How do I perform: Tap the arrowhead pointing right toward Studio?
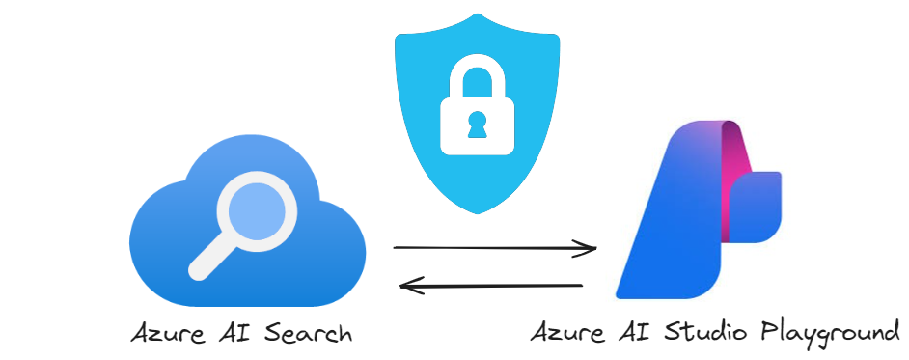click(x=589, y=249)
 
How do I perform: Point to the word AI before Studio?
click(x=628, y=333)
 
